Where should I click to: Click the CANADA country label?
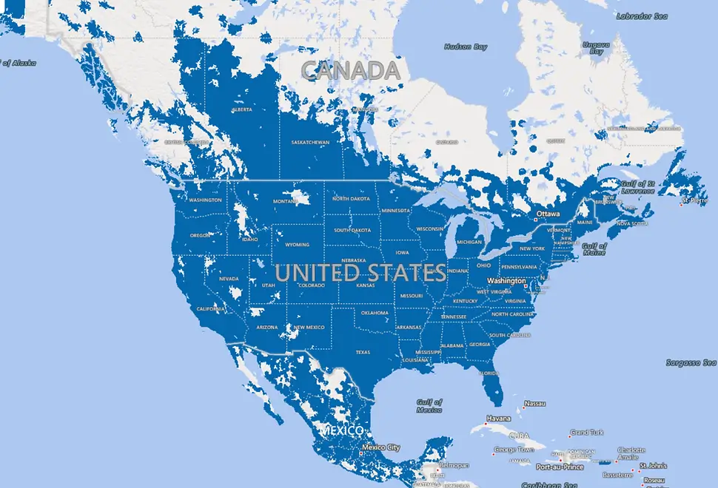pyautogui.click(x=351, y=70)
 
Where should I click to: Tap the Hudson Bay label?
pyautogui.click(x=466, y=47)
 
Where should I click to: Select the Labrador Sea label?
pyautogui.click(x=641, y=16)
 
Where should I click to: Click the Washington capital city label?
pyautogui.click(x=506, y=281)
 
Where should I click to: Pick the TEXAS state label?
pyautogui.click(x=363, y=352)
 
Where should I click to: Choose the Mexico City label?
pyautogui.click(x=381, y=447)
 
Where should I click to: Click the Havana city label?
pyautogui.click(x=499, y=418)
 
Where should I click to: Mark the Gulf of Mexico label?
pyautogui.click(x=429, y=404)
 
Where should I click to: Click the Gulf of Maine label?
pyautogui.click(x=594, y=248)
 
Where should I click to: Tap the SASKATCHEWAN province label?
pyautogui.click(x=311, y=142)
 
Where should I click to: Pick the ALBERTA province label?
pyautogui.click(x=242, y=110)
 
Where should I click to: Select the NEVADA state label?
pyautogui.click(x=229, y=279)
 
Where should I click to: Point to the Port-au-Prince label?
pyautogui.click(x=560, y=467)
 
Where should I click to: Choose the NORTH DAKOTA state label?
pyautogui.click(x=351, y=198)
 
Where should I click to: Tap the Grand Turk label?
pyautogui.click(x=587, y=433)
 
